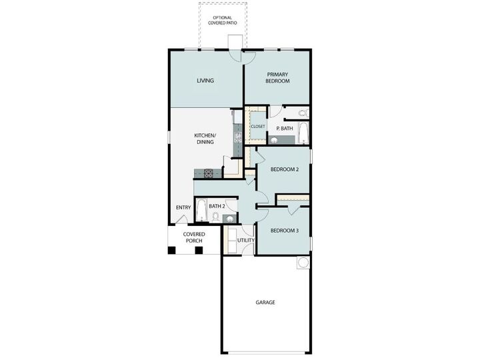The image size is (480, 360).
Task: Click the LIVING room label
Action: [x=205, y=81]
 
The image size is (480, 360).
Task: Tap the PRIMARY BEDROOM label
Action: [x=277, y=77]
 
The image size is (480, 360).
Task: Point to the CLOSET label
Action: [x=257, y=126]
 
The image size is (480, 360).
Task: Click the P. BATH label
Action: [x=285, y=127]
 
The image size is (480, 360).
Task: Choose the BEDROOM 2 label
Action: [x=284, y=169]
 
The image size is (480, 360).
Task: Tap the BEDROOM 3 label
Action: [x=284, y=231]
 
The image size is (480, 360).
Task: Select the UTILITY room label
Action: [x=246, y=240]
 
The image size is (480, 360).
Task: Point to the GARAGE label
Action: [x=265, y=302]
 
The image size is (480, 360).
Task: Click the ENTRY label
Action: [x=183, y=207]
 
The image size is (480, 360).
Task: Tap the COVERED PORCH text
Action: [x=194, y=237]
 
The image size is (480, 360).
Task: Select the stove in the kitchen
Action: [x=208, y=173]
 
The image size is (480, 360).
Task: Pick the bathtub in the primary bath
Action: [x=303, y=134]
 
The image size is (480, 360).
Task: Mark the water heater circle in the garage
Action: [x=303, y=263]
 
